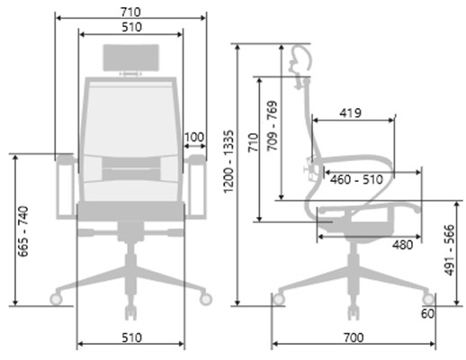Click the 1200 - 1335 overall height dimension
229,161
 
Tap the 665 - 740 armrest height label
23,231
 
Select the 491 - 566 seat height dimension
450,250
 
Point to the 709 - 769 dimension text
272,126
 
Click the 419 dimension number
350,113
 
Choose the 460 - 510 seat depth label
356,180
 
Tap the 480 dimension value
403,245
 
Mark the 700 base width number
354,337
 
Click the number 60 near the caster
427,313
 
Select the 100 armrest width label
194,138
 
